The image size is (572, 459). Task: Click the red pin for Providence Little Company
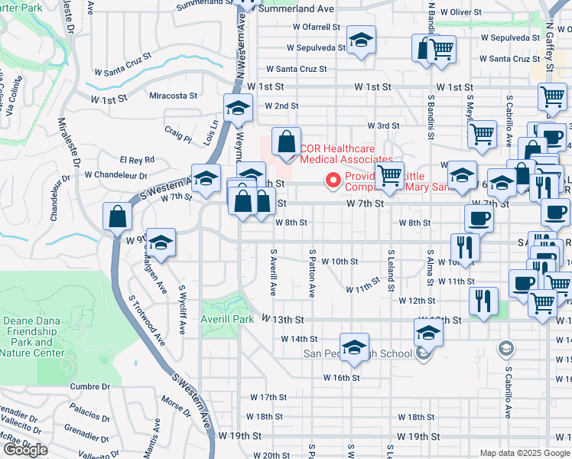[x=333, y=181]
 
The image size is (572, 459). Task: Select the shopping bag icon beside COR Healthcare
[x=285, y=142]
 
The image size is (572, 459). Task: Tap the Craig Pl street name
[x=177, y=134]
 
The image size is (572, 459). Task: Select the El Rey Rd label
[x=137, y=159]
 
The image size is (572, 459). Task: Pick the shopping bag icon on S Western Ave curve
[x=119, y=216]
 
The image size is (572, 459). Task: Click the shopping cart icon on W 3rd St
[x=482, y=135]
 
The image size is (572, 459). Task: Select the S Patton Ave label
[x=312, y=272]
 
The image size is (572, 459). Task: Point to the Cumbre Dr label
[x=85, y=387]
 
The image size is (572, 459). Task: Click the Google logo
[x=25, y=450]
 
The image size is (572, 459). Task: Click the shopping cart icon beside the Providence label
[x=390, y=175]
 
